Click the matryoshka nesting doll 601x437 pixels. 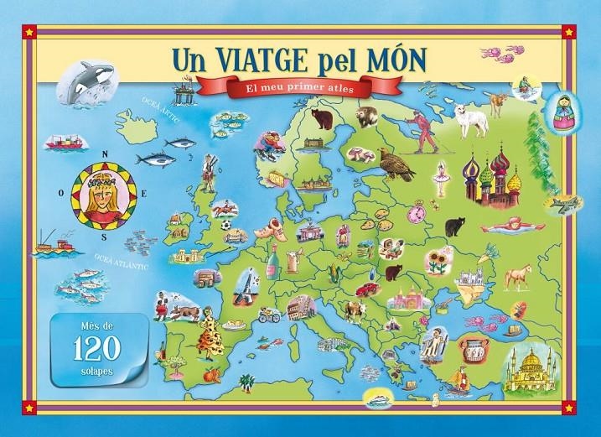point(557,113)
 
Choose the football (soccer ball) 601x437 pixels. point(227,225)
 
